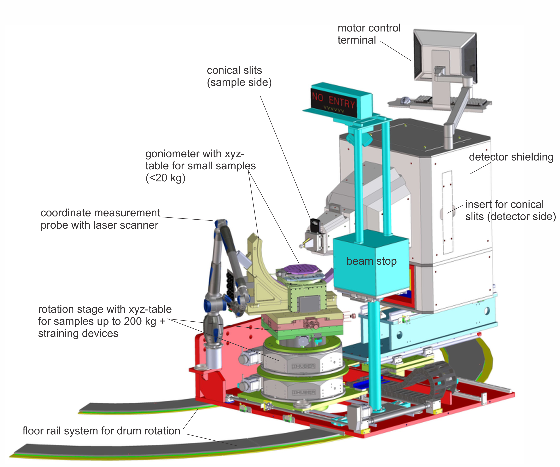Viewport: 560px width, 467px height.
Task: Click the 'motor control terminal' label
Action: coord(369,34)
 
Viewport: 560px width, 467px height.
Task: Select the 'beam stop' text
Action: coord(371,261)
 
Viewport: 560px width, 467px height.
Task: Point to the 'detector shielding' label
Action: coord(511,157)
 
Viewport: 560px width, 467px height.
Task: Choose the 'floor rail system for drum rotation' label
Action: coord(101,431)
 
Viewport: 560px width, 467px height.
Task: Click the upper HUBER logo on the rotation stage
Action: coord(304,366)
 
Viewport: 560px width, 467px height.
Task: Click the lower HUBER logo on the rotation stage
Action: coord(304,393)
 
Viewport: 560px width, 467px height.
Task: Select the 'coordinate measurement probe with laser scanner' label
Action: coord(100,219)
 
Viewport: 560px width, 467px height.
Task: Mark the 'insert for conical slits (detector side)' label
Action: coord(510,211)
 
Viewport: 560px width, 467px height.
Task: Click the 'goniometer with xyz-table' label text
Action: coord(200,160)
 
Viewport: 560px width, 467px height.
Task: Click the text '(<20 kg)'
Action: coord(165,178)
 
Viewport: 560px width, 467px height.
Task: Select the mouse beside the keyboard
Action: coord(406,101)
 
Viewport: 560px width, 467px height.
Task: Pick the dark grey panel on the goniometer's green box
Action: coord(310,304)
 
